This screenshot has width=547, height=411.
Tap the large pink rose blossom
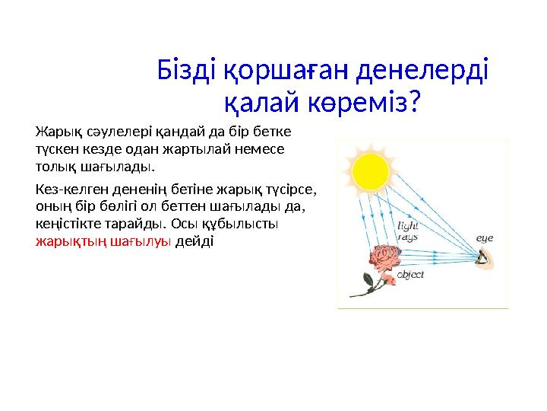click(385, 259)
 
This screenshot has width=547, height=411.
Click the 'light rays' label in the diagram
click(408, 231)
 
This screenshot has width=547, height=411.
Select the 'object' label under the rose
click(410, 275)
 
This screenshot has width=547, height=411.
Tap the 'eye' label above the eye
click(484, 238)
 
